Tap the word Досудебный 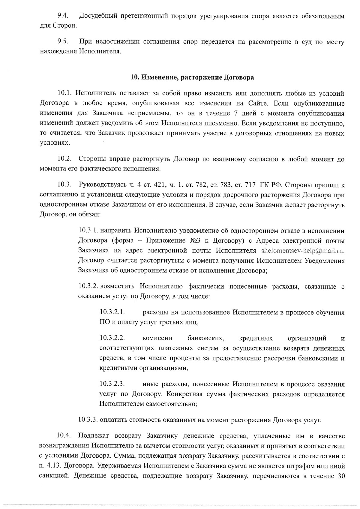click(99, 16)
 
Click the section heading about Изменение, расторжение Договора click(192, 77)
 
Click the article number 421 click(158, 185)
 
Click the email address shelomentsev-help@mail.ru click(303, 251)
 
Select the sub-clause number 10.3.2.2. click(112, 339)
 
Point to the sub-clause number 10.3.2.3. click(112, 384)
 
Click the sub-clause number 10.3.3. click(88, 420)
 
